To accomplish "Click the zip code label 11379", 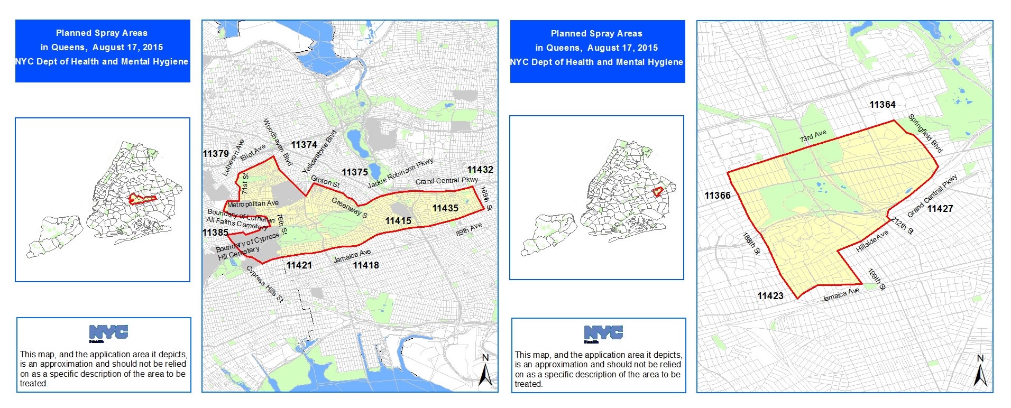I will [216, 154].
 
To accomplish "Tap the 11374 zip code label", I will [304, 145].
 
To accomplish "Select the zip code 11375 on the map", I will [355, 172].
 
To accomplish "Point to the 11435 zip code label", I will [445, 208].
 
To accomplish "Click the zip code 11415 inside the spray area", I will [398, 221].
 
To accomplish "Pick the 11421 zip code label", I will [299, 265].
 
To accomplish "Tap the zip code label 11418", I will [366, 265].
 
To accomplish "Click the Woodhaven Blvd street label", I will [277, 142].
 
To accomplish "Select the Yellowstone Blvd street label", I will [319, 152].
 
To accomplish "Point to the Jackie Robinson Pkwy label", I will [400, 173].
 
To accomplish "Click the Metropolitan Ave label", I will [253, 204].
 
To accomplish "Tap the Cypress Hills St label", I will [265, 284].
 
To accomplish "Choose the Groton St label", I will [325, 182].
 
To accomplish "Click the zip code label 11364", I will [883, 105].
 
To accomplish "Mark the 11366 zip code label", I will [718, 196].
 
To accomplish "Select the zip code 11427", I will [940, 209].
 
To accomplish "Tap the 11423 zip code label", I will [770, 296].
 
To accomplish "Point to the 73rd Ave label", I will [813, 136].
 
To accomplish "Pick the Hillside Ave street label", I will [872, 241].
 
